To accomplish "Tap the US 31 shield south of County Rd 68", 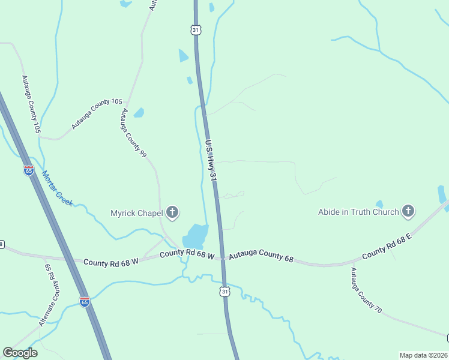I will coord(224,292).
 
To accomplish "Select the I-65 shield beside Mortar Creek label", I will coord(29,170).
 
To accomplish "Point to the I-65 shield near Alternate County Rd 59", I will coord(85,301).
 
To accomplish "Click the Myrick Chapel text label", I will coord(136,212).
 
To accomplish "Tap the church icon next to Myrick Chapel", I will coord(172,212).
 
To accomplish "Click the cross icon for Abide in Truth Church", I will coord(408,211).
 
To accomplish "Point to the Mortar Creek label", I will coord(58,188).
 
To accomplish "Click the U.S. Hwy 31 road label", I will coord(210,161).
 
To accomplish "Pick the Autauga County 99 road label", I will coord(133,133).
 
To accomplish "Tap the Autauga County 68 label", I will coord(261,256).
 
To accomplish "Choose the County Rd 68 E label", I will coord(387,246).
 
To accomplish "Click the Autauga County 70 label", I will coord(366,291).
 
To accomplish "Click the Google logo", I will coord(20,353).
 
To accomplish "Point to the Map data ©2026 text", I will coord(423,355).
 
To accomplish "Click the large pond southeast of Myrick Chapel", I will coord(197,235).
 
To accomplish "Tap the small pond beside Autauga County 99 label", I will coord(139,112).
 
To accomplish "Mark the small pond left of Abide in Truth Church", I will coord(379,204).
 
